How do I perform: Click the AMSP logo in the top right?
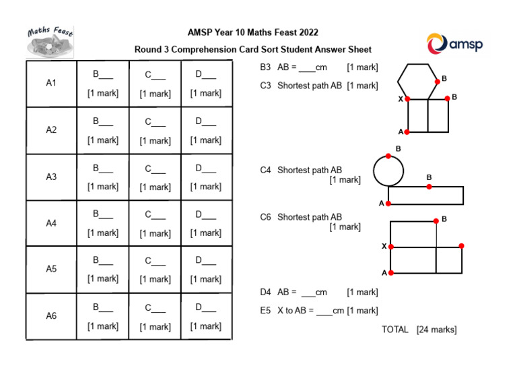coord(454,44)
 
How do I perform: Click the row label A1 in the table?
coord(51,83)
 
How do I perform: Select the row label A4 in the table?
coord(51,222)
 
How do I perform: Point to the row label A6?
coord(51,315)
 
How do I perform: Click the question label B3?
coord(265,67)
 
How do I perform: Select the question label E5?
coord(265,311)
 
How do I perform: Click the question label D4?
coord(265,293)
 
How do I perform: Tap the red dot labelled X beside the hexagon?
coord(407,98)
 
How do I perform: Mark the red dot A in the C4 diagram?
coord(388,203)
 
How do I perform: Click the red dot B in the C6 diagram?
coord(436,220)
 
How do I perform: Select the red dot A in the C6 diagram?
coord(391,272)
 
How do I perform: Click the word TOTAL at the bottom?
coord(395,330)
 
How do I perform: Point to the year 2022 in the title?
coord(309,32)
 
